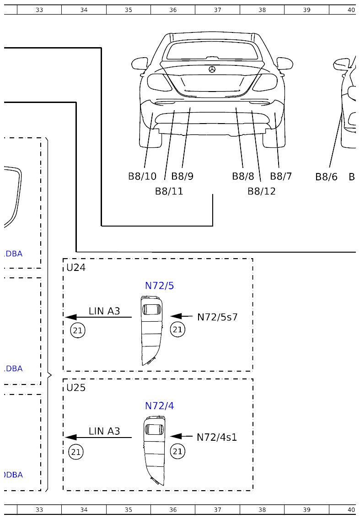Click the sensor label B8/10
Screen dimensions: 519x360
(x=142, y=176)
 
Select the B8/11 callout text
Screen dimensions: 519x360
(x=169, y=191)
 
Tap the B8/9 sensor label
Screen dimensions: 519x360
(x=182, y=176)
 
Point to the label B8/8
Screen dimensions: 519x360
(x=242, y=176)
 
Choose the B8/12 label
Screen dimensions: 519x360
(x=261, y=191)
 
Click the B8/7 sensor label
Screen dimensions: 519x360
(x=280, y=176)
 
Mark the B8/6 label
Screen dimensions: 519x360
(x=326, y=177)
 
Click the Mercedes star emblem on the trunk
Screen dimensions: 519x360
(x=212, y=69)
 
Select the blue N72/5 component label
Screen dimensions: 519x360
(x=159, y=286)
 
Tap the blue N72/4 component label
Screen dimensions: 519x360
(x=159, y=406)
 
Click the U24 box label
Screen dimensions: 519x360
(x=76, y=267)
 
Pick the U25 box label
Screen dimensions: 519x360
(x=76, y=388)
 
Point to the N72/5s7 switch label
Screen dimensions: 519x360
(x=217, y=317)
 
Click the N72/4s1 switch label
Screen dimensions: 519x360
(x=217, y=437)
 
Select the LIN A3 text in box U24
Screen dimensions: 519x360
(x=104, y=311)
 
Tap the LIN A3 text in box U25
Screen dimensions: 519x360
(x=104, y=431)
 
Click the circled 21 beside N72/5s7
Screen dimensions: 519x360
(x=177, y=330)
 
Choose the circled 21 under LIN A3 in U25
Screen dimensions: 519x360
(x=76, y=452)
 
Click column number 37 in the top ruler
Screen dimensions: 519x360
(x=217, y=10)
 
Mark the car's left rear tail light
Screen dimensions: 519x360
(x=158, y=82)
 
